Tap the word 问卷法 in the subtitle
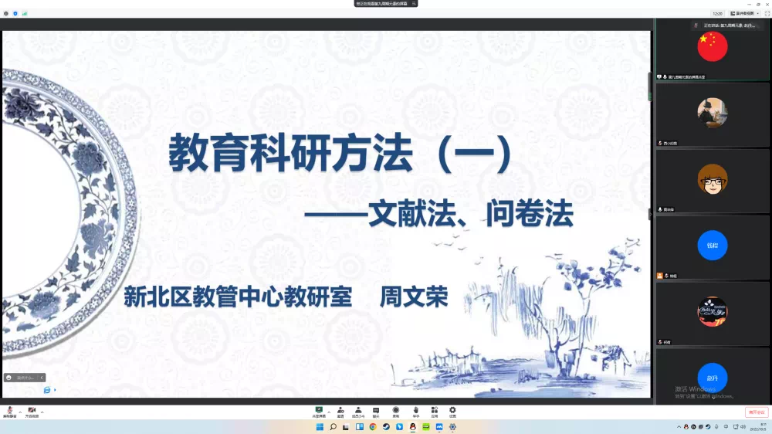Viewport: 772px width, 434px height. pos(530,215)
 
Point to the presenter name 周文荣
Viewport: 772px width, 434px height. pos(414,297)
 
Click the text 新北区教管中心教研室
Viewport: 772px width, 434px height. pos(238,297)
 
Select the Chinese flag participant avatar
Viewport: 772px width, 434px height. pos(712,46)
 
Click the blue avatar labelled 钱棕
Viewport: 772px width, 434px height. pos(712,246)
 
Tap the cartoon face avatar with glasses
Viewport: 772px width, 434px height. pos(712,179)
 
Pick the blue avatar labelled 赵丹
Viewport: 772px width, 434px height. pos(712,378)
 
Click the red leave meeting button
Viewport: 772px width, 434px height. pos(757,412)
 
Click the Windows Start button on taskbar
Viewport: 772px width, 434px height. pos(319,427)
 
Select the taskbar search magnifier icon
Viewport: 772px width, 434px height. pos(333,427)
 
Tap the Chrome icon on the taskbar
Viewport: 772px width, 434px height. pos(372,427)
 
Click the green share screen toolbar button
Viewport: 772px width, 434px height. pos(318,411)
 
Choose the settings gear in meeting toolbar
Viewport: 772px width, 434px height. pos(452,411)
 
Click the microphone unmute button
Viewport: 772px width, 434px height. pos(10,411)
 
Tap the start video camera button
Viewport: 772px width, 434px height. pos(32,411)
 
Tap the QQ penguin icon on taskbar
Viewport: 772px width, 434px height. pos(413,427)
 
